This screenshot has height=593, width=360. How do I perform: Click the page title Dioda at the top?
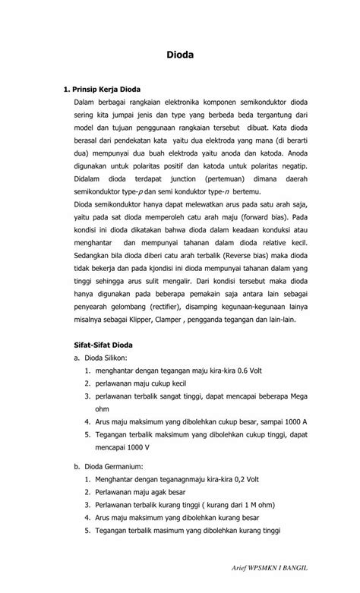(180, 55)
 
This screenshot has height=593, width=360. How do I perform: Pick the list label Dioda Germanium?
(110, 465)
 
